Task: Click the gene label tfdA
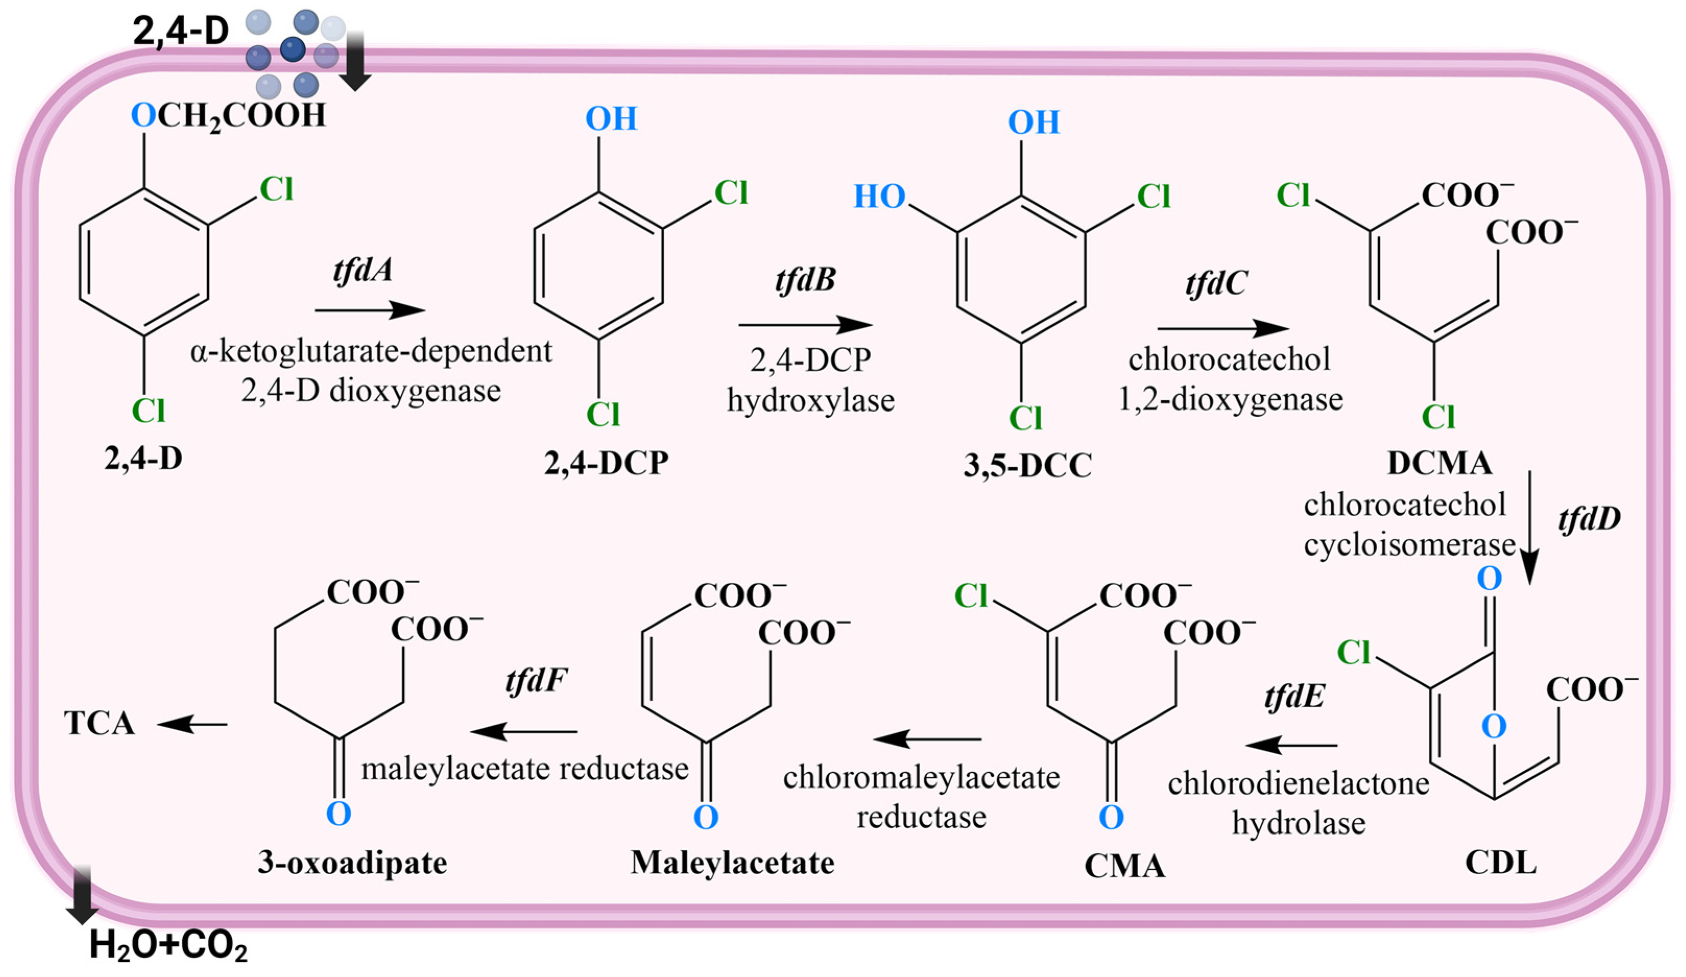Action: click(x=363, y=270)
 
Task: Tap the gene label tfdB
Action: click(x=806, y=280)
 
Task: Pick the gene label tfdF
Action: click(x=536, y=681)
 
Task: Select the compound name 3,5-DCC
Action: click(x=1027, y=466)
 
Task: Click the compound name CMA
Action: click(x=1125, y=866)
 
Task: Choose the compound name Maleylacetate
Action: click(x=733, y=863)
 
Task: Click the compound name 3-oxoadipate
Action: click(x=353, y=863)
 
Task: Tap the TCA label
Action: click(x=99, y=723)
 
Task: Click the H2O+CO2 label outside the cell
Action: click(x=168, y=946)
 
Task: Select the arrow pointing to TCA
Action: click(x=193, y=724)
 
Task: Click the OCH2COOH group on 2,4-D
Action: click(x=229, y=116)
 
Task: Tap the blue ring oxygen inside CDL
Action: click(x=1493, y=726)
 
